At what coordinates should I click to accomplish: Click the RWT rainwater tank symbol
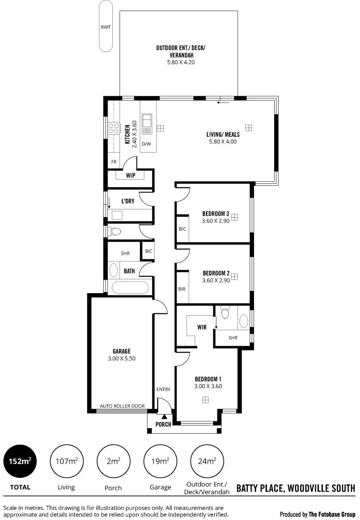[x=106, y=27]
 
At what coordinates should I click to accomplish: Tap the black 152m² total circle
[x=20, y=461]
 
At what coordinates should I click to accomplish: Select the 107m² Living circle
[x=67, y=461]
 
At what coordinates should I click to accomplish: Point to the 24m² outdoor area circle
[x=207, y=461]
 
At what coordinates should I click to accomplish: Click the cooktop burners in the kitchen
[x=114, y=128]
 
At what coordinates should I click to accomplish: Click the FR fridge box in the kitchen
[x=114, y=162]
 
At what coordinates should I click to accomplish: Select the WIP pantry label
[x=130, y=176]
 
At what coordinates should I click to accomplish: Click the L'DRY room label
[x=128, y=201]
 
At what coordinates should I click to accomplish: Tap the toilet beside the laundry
[x=115, y=232]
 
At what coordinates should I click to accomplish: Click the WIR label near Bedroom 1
[x=202, y=327]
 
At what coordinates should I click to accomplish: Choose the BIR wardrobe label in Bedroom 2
[x=182, y=289]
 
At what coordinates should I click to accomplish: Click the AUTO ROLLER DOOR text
[x=122, y=406]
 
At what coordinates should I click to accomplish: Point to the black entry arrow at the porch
[x=164, y=416]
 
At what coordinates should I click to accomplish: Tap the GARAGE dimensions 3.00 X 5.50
[x=121, y=358]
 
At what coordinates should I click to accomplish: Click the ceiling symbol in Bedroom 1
[x=205, y=400]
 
